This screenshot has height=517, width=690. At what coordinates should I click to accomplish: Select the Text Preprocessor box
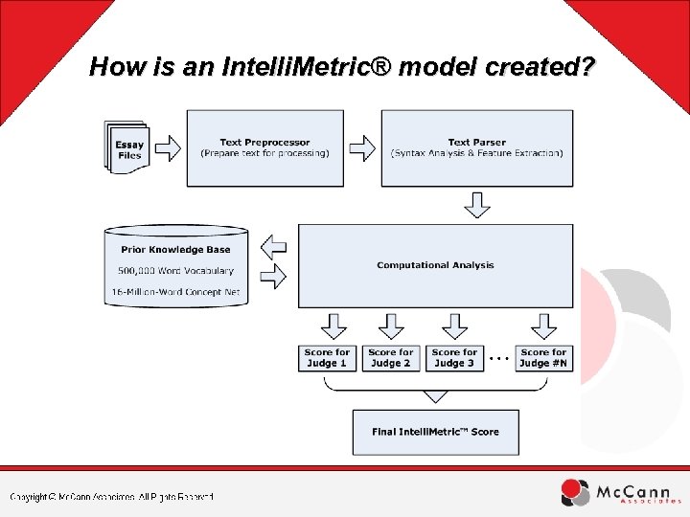(264, 147)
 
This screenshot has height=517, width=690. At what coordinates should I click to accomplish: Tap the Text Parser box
(476, 147)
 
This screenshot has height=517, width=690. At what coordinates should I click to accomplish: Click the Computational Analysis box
(435, 264)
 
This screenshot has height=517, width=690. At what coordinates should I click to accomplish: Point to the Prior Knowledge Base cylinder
(180, 265)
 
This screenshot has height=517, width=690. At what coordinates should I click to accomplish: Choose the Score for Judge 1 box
(328, 358)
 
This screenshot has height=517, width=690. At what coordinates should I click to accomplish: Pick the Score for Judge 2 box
(390, 358)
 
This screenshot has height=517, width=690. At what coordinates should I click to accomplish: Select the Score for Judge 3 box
(453, 358)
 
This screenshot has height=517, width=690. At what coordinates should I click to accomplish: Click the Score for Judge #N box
(543, 358)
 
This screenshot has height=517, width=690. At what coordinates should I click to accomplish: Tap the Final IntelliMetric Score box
(435, 432)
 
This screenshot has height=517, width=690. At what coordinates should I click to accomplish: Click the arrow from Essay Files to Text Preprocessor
(167, 148)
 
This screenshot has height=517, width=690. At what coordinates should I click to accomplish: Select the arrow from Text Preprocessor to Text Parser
(361, 148)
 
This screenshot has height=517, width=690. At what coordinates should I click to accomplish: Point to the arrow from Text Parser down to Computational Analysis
(476, 205)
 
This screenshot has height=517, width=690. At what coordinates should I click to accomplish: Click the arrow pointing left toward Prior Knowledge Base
(274, 247)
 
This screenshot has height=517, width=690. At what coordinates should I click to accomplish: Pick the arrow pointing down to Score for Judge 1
(328, 326)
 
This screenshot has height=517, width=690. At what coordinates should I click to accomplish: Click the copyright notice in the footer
(112, 496)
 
